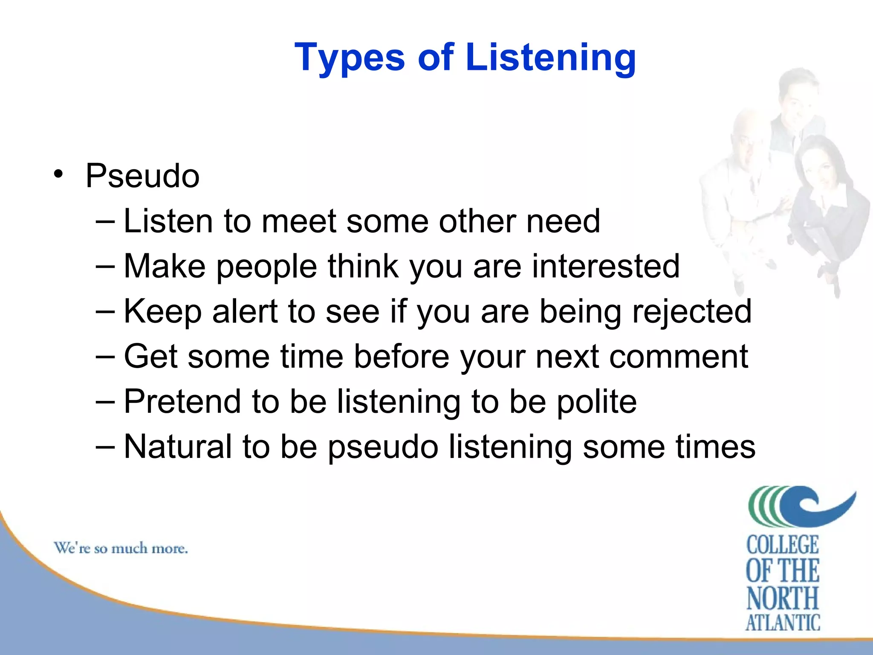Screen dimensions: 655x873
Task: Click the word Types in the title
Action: [349, 58]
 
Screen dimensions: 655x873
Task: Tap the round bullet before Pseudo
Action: [58, 174]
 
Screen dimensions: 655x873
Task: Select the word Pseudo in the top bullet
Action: [142, 176]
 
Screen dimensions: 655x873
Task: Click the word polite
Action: [597, 402]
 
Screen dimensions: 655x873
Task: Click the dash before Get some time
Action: [105, 356]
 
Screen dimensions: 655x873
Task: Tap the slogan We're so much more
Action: [121, 548]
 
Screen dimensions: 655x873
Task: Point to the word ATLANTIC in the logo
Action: [783, 623]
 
